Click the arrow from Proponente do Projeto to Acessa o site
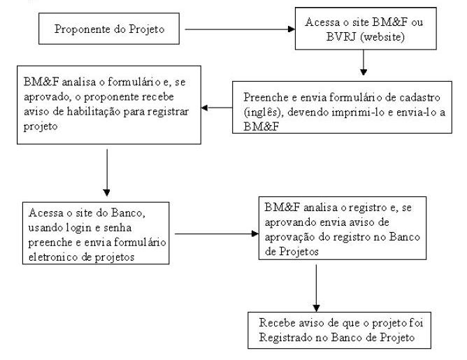(240, 29)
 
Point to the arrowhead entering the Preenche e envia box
(364, 72)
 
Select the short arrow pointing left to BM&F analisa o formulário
(217, 108)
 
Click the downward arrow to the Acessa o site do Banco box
(107, 173)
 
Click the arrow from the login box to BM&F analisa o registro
(217, 233)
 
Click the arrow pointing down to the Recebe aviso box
(316, 288)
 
